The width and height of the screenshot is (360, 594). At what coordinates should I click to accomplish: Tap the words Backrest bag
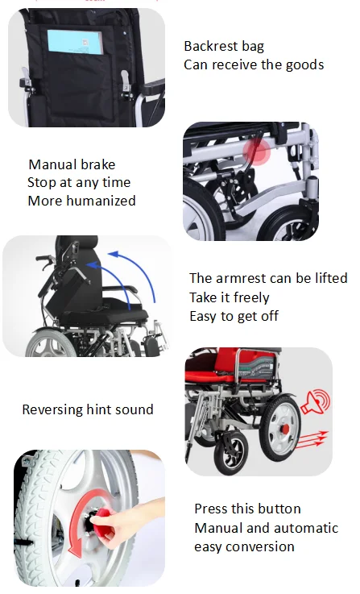(x=224, y=47)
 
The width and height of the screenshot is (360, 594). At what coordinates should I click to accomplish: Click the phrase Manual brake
(x=72, y=165)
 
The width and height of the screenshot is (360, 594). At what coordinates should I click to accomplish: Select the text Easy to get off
(x=234, y=316)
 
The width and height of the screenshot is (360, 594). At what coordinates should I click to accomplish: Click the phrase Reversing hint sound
(x=87, y=409)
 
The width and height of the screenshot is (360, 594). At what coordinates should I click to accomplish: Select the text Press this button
(x=247, y=509)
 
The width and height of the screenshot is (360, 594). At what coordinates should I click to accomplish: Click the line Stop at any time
(x=79, y=183)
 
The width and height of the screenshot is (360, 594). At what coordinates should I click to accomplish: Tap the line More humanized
(x=81, y=201)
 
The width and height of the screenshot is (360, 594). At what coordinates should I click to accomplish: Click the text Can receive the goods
(x=254, y=64)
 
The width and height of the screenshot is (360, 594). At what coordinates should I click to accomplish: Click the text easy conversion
(x=244, y=547)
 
